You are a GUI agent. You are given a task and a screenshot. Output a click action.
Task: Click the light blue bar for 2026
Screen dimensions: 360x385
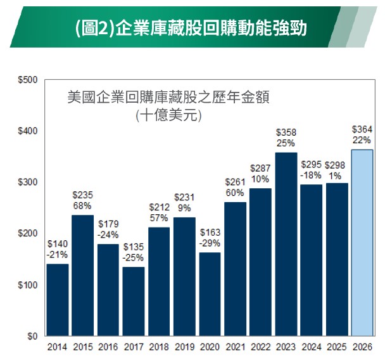pyautogui.click(x=362, y=243)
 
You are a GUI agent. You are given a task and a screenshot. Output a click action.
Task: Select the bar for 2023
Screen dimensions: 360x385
pyautogui.click(x=286, y=244)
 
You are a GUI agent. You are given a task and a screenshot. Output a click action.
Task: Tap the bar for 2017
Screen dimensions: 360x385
pyautogui.click(x=133, y=301)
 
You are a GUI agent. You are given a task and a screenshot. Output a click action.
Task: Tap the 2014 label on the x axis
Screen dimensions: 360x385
pyautogui.click(x=57, y=348)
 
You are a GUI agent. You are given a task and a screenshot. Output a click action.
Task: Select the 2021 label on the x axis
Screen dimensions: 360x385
pyautogui.click(x=235, y=348)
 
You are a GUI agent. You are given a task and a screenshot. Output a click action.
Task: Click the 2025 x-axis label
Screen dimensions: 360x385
pyautogui.click(x=337, y=348)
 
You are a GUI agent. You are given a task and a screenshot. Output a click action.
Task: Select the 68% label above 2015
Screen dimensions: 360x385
pyautogui.click(x=82, y=206)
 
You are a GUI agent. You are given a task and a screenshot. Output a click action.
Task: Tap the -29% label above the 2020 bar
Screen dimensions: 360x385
pyautogui.click(x=210, y=243)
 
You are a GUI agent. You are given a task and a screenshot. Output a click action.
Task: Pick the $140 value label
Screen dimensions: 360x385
pyautogui.click(x=57, y=243)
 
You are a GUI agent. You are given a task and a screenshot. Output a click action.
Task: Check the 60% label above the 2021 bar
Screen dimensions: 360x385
pyautogui.click(x=235, y=193)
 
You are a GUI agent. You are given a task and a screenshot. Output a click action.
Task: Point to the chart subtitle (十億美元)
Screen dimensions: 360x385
pyautogui.click(x=168, y=116)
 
